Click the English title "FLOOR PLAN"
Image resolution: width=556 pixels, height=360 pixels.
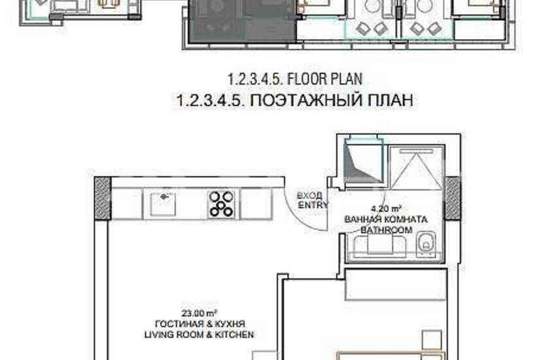[324, 79]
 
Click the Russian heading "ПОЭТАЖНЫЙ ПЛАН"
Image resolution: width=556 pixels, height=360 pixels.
[332, 100]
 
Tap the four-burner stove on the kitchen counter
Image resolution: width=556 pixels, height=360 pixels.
[221, 204]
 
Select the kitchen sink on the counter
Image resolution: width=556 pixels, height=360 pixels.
[162, 204]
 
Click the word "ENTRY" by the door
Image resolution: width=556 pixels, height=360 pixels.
[313, 205]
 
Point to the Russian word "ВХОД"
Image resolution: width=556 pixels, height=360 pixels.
[309, 196]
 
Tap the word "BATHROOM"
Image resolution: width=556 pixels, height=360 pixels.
[387, 230]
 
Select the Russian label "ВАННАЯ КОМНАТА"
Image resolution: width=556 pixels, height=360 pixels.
[386, 219]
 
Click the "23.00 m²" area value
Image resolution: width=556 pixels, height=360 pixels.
[200, 313]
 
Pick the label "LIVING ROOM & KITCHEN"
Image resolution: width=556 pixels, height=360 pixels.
[199, 334]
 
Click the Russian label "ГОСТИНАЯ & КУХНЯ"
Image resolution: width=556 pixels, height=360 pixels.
[200, 324]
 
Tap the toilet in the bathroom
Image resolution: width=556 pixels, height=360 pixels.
[426, 244]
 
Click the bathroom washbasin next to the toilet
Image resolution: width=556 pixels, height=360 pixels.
[380, 245]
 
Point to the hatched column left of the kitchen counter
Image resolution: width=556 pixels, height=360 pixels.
[103, 198]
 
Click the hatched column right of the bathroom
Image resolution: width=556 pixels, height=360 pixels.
[453, 198]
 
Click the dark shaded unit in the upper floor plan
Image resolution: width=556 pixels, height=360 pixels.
[242, 22]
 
